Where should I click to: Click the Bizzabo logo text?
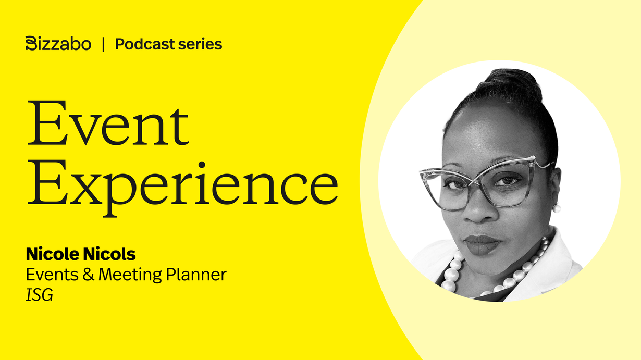(58, 44)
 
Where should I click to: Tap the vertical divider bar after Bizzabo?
(103, 44)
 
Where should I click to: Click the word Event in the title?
(108, 123)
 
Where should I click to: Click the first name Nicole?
(52, 254)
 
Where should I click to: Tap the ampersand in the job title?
(89, 275)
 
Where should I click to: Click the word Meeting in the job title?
(130, 275)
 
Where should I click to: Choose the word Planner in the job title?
(196, 275)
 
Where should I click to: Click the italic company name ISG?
(40, 295)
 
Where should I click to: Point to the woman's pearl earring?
(557, 208)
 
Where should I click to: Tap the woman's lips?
(482, 245)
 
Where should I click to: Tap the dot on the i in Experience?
(202, 165)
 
